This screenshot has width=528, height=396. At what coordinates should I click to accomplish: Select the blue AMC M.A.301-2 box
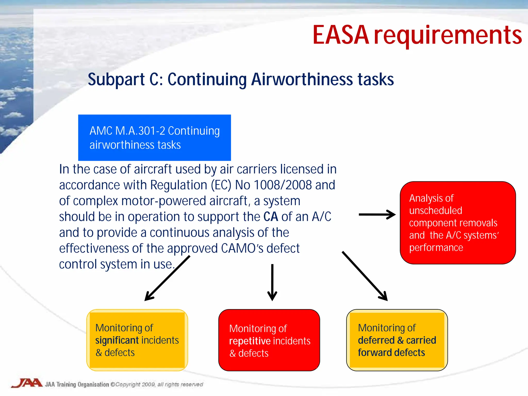coord(154,138)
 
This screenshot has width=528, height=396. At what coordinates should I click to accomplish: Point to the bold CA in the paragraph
coord(270,217)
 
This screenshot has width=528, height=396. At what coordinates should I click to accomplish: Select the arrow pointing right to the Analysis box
coord(377,214)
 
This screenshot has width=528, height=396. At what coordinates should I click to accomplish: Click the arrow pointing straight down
coord(272,282)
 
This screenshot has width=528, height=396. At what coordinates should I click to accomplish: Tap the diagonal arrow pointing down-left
coord(167,278)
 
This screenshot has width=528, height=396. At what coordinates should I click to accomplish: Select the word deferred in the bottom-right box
coord(376,340)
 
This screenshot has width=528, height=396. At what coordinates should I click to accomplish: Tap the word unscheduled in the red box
coord(435,211)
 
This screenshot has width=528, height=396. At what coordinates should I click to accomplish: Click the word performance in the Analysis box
coord(436,247)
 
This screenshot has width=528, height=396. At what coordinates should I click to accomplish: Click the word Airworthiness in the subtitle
coord(302,79)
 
